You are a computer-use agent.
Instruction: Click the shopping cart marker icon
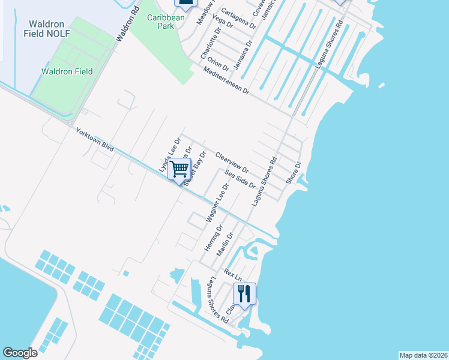click(x=179, y=169)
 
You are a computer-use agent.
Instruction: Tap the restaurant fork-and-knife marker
click(x=244, y=293)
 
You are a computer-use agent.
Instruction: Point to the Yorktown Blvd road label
click(x=95, y=142)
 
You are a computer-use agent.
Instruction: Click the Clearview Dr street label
click(x=232, y=161)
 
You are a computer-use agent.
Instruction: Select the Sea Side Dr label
click(x=241, y=179)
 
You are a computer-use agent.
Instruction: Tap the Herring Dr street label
click(x=213, y=238)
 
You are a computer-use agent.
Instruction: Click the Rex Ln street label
click(x=232, y=275)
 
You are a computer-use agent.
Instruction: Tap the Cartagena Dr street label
click(x=238, y=19)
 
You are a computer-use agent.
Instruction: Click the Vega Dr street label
click(x=223, y=22)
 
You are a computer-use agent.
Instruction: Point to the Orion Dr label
click(x=217, y=62)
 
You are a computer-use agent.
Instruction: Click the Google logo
click(x=20, y=352)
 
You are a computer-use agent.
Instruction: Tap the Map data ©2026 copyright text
click(x=423, y=355)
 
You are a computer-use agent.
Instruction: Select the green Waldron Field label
click(x=67, y=71)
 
